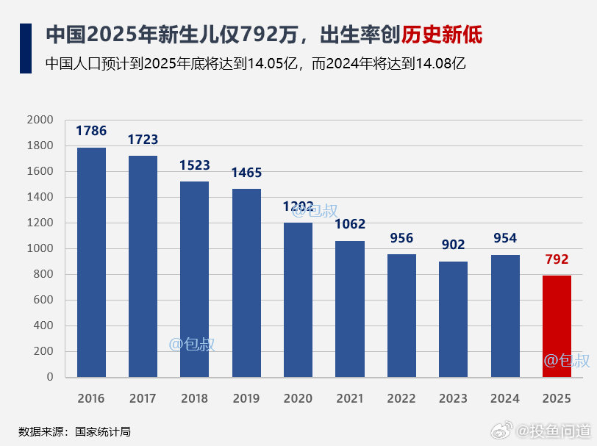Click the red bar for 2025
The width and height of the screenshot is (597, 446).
point(556,326)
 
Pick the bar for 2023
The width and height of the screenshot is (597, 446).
point(453,319)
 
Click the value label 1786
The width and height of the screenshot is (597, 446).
point(91,132)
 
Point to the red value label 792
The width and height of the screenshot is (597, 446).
point(557,259)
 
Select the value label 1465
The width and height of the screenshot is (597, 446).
point(246,173)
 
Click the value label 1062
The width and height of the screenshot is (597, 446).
point(350,224)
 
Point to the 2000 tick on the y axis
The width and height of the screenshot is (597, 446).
point(40,120)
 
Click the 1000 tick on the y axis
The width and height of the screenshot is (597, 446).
point(40,248)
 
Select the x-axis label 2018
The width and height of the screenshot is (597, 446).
point(194,399)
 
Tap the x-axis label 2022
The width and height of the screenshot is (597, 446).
point(401,399)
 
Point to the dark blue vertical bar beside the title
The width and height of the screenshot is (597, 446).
point(25,48)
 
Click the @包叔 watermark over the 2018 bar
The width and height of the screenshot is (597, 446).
point(193,344)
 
